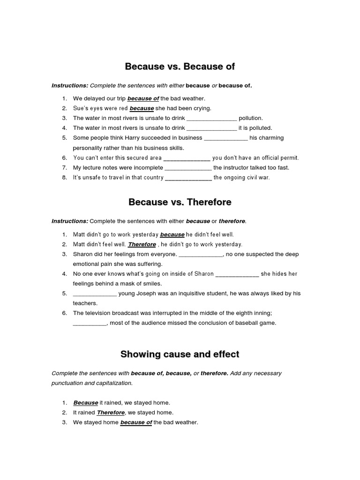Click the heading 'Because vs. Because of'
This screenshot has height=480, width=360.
180,67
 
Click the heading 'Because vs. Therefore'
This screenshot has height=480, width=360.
180,202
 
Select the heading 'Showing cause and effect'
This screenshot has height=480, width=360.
180,354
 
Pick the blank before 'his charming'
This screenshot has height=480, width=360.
226,138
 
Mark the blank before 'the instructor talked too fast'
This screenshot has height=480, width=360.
188,168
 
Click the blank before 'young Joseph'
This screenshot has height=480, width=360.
95,294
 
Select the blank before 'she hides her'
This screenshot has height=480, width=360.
237,274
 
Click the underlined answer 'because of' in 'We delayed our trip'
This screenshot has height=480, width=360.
143,98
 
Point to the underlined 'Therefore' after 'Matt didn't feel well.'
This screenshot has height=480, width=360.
142,245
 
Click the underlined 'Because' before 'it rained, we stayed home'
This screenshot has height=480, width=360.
86,403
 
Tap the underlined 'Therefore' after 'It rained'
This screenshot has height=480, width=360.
111,412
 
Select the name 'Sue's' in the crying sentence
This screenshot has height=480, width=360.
81,108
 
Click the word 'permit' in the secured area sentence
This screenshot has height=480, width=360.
288,158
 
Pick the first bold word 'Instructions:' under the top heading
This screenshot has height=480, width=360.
70,86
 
